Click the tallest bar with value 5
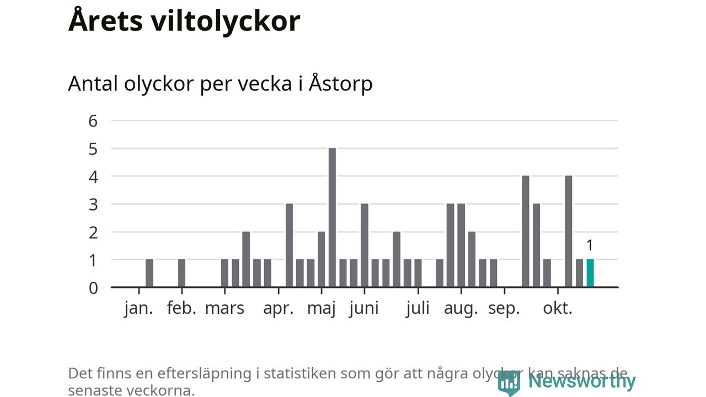coord(332,217)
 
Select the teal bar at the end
coord(590,273)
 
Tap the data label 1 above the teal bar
coord(590,245)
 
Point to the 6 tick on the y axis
coord(93,121)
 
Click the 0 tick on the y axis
coord(93,288)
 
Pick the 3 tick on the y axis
coord(93,205)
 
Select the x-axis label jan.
coord(138,308)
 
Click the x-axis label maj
coord(321,308)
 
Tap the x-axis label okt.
coord(558,308)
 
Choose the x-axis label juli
coord(418,308)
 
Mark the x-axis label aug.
coord(461,308)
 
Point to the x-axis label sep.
coord(504,308)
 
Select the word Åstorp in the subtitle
coord(340,84)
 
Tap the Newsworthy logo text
coord(581,381)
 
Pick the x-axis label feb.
coord(181,308)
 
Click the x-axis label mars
coord(224,308)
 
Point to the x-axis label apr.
coord(278,308)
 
